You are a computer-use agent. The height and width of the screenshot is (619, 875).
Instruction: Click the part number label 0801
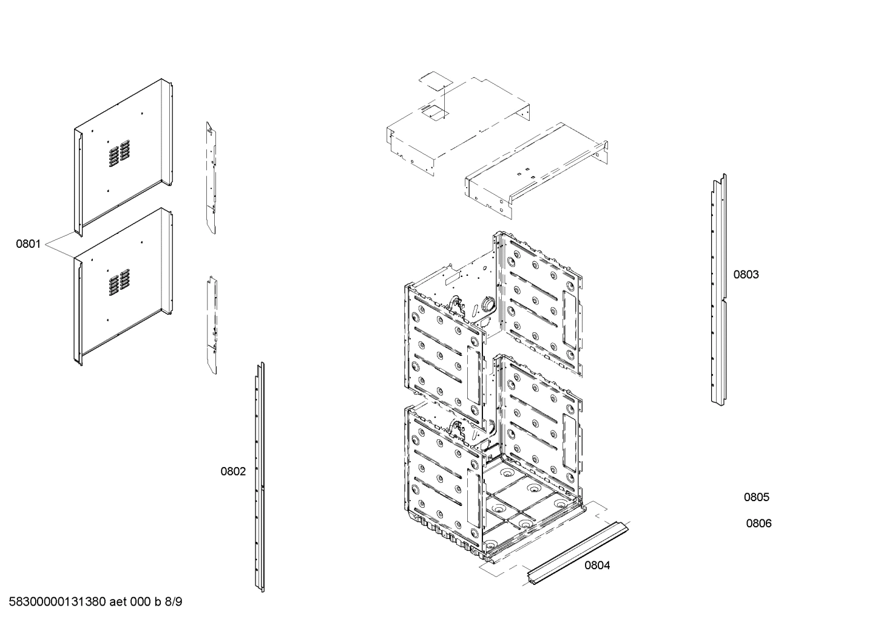(x=28, y=244)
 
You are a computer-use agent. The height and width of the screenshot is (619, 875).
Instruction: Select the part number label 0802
(x=233, y=471)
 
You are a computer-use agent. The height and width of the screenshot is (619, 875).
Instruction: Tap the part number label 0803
(x=746, y=275)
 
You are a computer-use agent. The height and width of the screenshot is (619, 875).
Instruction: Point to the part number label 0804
(x=597, y=566)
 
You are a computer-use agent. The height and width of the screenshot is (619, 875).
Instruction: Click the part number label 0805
(x=757, y=498)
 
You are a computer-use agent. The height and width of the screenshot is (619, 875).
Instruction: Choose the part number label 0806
(x=758, y=524)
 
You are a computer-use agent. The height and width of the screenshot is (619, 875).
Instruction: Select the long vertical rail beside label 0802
(x=260, y=477)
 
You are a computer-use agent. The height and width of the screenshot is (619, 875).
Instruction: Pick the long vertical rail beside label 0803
(x=718, y=292)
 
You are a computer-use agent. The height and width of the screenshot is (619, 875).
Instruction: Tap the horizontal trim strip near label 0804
(x=577, y=553)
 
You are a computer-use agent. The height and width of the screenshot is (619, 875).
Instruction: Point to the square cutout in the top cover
(x=435, y=110)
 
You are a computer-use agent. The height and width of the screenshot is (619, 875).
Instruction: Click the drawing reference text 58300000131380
(x=58, y=602)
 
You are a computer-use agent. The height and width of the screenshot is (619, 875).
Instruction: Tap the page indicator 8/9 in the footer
(x=174, y=602)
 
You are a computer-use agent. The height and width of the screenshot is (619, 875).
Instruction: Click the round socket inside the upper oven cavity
(x=487, y=304)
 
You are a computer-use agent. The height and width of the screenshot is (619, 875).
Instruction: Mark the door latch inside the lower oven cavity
(x=456, y=428)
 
